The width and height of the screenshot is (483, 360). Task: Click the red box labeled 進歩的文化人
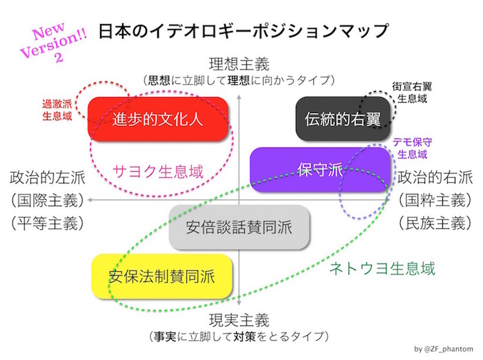tap(158, 119)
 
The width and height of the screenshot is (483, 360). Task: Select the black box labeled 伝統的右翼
tap(342, 119)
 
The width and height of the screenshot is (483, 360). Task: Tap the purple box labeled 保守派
tap(321, 169)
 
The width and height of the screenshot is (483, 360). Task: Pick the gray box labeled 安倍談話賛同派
tap(239, 227)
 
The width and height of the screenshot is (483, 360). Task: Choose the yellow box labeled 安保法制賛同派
tap(162, 277)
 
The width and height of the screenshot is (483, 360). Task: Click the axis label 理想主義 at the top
tap(238, 65)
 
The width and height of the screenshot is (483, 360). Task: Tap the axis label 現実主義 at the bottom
tap(238, 321)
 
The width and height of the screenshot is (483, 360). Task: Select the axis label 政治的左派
tap(47, 177)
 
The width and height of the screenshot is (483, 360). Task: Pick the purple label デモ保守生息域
tap(413, 148)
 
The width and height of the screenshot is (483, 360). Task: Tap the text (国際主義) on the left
tap(47, 200)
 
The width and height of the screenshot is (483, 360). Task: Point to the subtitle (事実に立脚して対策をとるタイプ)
tap(238, 337)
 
